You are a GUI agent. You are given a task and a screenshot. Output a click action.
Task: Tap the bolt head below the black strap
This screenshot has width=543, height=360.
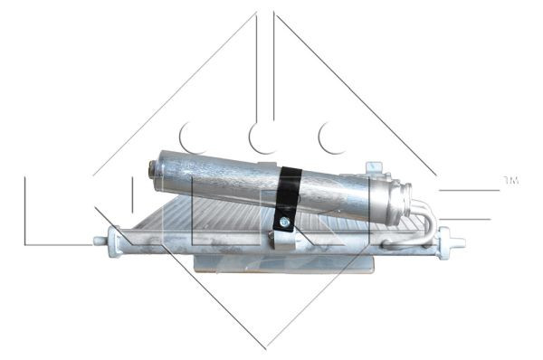(284, 222)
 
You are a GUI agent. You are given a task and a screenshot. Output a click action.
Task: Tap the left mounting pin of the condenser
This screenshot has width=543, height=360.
(100, 240)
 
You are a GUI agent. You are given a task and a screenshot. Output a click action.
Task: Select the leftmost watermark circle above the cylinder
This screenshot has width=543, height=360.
(191, 137)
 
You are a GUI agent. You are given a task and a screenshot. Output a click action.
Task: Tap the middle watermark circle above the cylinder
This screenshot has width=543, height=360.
(262, 137)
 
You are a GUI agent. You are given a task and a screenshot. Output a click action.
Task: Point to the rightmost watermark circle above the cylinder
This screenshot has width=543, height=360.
(331, 137)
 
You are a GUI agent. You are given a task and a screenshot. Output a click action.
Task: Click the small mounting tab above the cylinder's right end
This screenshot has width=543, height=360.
(373, 168)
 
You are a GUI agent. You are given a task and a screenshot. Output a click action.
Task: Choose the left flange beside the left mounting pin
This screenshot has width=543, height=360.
(115, 240)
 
